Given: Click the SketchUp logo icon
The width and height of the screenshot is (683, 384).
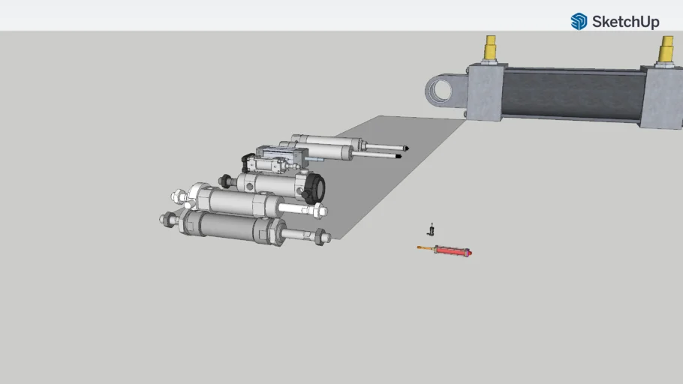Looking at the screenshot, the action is coord(579,21).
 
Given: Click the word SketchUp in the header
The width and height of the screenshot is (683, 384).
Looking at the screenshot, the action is coord(625,22).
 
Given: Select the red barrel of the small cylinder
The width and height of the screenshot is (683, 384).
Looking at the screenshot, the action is coord(451,250).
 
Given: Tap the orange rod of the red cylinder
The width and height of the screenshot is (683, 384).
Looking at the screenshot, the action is coord(426,248).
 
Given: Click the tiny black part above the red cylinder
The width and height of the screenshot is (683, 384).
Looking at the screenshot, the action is coord(432,229).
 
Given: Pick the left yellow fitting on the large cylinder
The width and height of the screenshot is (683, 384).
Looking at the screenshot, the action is coord(490,48).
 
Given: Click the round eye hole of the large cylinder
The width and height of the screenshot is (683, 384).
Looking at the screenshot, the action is coord(441,91).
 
